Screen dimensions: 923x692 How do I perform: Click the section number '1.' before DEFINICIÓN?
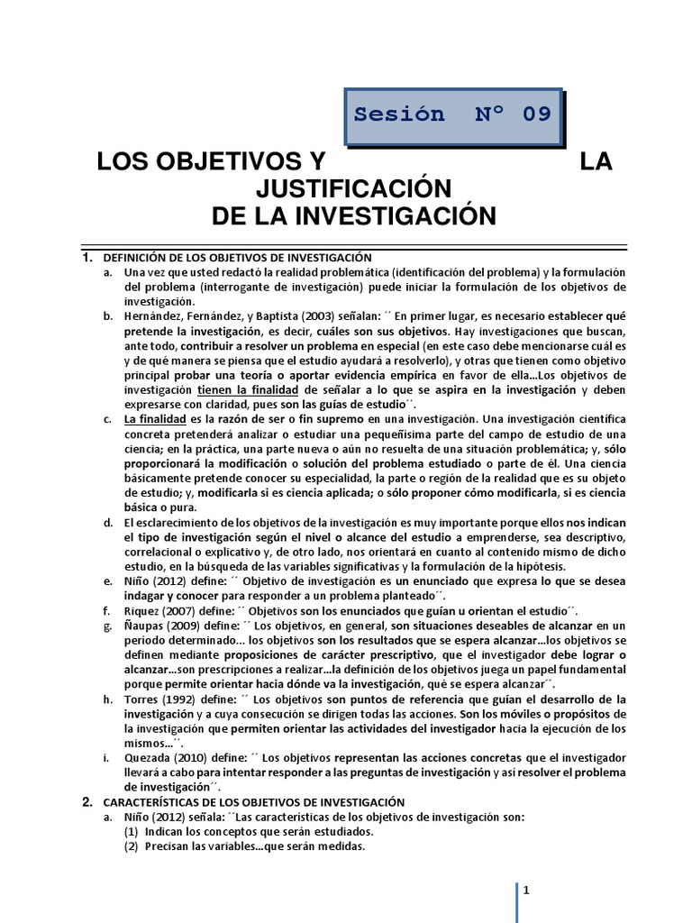click(x=87, y=258)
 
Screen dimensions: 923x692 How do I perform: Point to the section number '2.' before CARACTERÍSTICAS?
click(x=87, y=801)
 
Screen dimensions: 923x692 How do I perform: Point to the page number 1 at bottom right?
click(x=524, y=891)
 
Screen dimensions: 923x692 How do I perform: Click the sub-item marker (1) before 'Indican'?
click(x=132, y=830)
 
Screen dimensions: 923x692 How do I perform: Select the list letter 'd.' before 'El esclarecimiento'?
click(x=107, y=523)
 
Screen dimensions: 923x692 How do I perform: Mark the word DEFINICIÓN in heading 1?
click(x=137, y=258)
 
